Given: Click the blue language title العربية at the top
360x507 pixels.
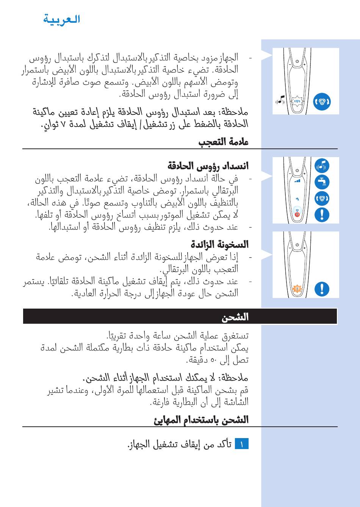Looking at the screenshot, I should coord(61,19).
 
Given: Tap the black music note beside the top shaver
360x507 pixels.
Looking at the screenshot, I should coord(280,101).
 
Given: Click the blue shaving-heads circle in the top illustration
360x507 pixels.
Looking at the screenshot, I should coord(322,101).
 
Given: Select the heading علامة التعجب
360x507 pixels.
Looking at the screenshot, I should coord(223,142).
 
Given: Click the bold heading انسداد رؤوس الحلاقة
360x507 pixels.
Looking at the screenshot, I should coord(208,166).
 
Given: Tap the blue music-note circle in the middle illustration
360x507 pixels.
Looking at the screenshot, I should coord(322,166).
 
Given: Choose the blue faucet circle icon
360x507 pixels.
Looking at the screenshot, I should coord(322,182).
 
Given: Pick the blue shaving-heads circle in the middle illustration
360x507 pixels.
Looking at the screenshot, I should coord(322,198).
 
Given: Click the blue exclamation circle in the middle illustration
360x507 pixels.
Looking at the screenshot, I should coord(322,215).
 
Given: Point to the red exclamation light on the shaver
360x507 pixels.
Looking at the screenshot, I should coord(297,214).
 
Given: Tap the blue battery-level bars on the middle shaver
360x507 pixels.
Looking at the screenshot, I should coord(297,181).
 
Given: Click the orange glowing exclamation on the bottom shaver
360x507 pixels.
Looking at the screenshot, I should coord(297,289).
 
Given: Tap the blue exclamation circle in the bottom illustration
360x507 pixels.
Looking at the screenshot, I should coord(322,289).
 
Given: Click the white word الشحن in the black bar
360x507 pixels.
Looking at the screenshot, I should coord(235,317).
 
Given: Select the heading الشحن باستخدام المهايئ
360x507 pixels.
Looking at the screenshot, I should coord(201,420).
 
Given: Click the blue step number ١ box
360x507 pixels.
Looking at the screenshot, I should coord(241,444).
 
